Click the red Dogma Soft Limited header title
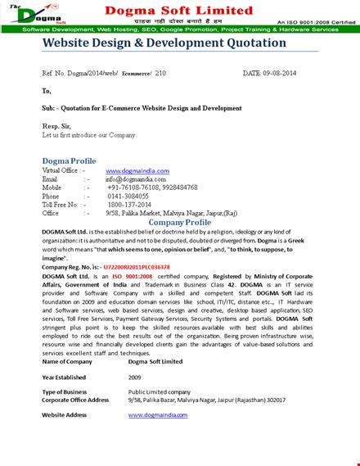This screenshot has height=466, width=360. coord(191,10)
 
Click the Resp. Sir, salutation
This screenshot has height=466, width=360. coord(56,127)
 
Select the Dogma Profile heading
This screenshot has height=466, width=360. coord(69,161)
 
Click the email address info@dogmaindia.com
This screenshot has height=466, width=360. coord(136,179)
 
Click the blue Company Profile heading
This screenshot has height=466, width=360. coord(180,223)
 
